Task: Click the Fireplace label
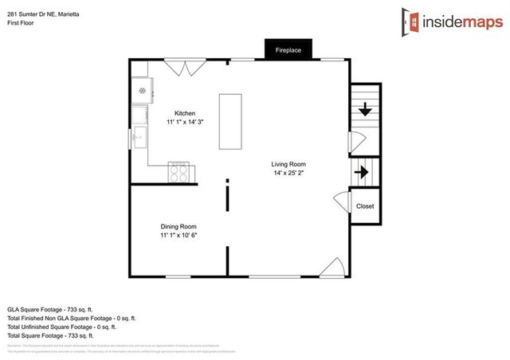click(288, 50)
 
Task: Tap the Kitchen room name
click(185, 114)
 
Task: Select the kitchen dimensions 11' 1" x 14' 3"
click(185, 123)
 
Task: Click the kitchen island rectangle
click(230, 120)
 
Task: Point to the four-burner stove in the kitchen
click(179, 170)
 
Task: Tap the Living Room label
click(288, 164)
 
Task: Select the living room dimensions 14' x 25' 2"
click(288, 173)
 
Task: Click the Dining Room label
click(178, 226)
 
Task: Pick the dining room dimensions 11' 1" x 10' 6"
click(178, 235)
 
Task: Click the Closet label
click(364, 206)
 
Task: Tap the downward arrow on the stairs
click(365, 111)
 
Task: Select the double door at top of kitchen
click(187, 68)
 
